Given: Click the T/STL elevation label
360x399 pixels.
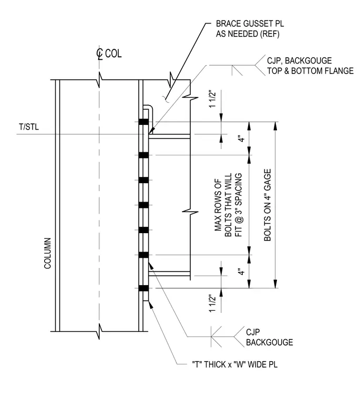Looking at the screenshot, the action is click(x=29, y=127).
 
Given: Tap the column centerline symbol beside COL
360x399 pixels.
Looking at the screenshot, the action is click(x=99, y=54).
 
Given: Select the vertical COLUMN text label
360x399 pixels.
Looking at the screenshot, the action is click(x=48, y=253).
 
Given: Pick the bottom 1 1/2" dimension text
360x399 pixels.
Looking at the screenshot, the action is click(x=212, y=303).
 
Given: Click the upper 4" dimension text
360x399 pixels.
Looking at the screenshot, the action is click(x=241, y=139).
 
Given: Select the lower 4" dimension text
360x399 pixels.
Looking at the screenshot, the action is click(x=241, y=271).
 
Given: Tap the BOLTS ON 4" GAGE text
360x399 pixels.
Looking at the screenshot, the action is click(x=268, y=205).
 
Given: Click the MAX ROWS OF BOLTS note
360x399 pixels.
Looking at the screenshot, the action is click(x=228, y=205).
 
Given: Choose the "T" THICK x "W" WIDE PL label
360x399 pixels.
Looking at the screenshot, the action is click(x=234, y=364).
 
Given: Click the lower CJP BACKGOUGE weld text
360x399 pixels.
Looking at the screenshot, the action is click(x=269, y=337).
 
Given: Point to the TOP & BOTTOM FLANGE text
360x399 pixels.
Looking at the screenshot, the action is click(x=310, y=71).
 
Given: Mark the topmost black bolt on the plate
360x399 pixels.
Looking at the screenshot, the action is click(x=143, y=122).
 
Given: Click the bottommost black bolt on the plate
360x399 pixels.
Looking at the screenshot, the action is click(x=143, y=288).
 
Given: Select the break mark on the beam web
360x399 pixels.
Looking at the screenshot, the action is click(x=190, y=212).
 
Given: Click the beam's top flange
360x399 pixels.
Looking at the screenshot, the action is click(x=169, y=136).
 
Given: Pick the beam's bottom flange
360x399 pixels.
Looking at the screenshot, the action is click(x=169, y=274).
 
